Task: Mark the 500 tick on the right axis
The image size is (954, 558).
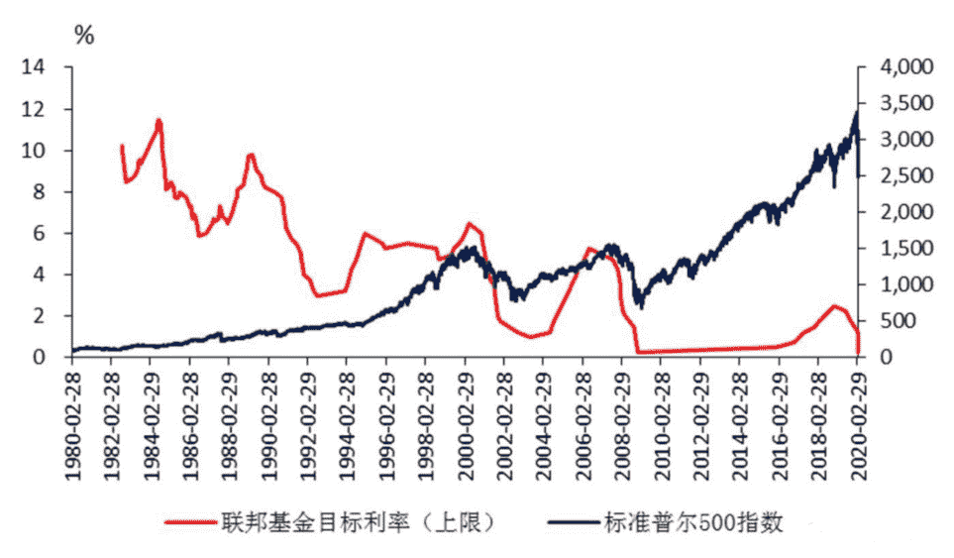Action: [x=896, y=321]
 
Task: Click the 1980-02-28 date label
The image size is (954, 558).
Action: [x=72, y=417]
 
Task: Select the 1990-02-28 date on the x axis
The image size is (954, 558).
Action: [x=268, y=417]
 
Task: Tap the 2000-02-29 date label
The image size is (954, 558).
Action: [x=465, y=417]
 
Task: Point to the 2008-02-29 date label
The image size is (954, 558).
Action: [x=622, y=417]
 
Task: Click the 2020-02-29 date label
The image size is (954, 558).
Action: [x=858, y=417]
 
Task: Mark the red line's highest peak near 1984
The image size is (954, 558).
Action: [x=159, y=120]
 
